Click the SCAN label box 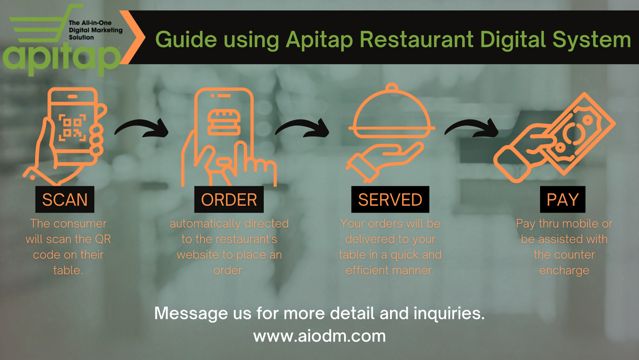pos(65,199)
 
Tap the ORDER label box pos(229,199)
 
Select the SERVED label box pos(390,199)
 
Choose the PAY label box pos(562,199)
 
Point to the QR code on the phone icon pos(72,127)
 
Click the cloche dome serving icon pos(391,113)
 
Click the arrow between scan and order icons pos(143,128)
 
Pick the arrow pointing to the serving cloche pos(303,128)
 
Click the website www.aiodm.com pos(319,336)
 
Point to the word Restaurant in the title pos(416,40)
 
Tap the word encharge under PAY pos(564,271)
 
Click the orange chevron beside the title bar pos(134,37)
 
